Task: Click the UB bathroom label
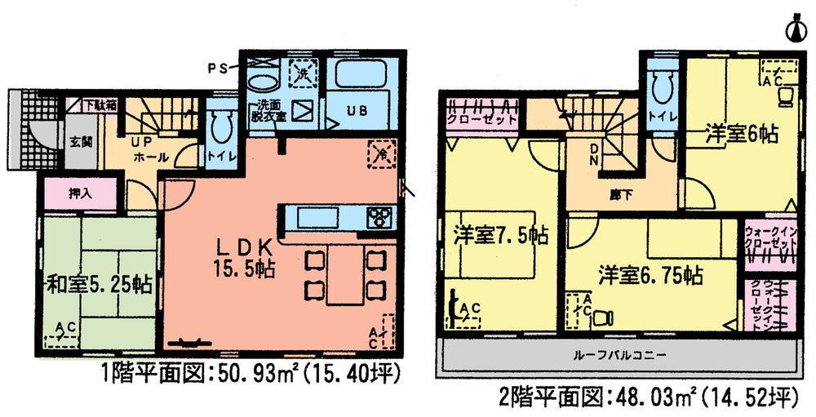357,110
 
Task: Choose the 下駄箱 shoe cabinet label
100,106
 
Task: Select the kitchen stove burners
380,218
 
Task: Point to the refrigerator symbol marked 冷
379,152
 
